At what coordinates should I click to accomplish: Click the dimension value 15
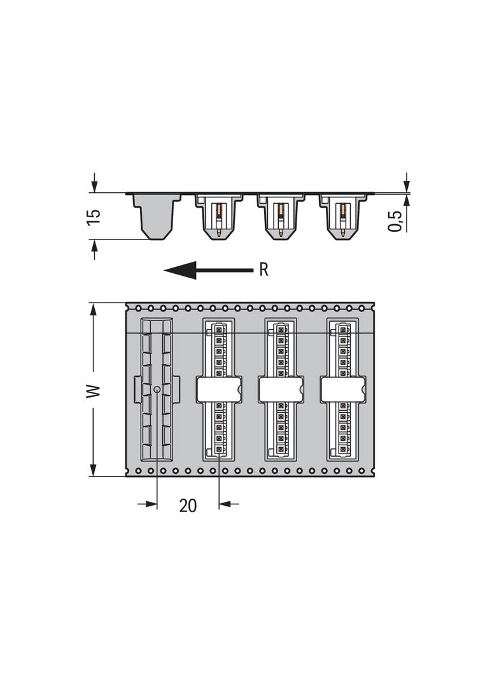coord(94,217)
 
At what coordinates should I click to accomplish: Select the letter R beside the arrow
coord(264,269)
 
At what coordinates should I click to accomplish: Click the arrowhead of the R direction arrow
coord(180,270)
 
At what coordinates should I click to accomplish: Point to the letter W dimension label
coord(94,390)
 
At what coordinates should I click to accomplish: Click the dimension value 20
coord(188,505)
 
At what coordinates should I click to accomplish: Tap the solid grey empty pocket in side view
coord(157,217)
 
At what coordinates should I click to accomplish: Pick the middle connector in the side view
coord(281,217)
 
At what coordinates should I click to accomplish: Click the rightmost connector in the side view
coord(343,217)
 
